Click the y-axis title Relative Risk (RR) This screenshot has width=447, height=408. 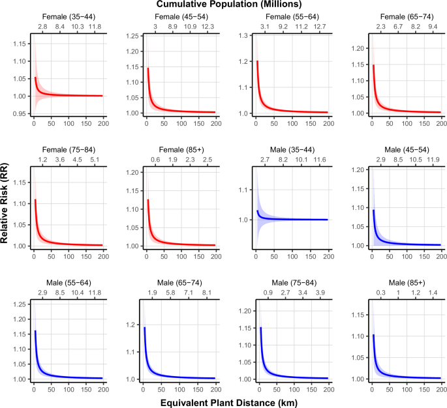(6, 205)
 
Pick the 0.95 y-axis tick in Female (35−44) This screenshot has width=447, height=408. (18, 113)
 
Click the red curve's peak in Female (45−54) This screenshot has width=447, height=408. (148, 68)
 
